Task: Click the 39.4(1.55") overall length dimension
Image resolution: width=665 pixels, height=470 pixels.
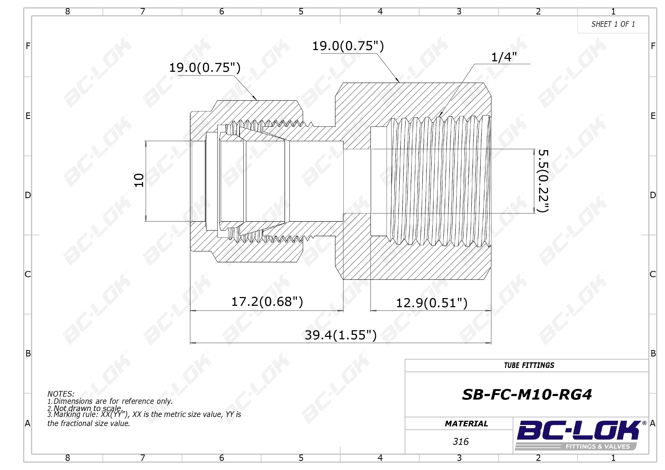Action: pyautogui.click(x=341, y=335)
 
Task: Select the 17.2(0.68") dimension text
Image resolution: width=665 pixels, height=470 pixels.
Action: pyautogui.click(x=267, y=302)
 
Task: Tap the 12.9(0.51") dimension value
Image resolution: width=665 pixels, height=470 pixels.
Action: pyautogui.click(x=432, y=303)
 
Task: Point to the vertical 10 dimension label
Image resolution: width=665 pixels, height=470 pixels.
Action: pyautogui.click(x=139, y=181)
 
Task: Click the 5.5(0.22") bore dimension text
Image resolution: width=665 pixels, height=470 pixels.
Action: pyautogui.click(x=543, y=181)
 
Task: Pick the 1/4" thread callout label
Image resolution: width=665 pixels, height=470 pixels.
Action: pyautogui.click(x=504, y=57)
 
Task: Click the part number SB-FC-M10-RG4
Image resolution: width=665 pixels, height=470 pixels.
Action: pyautogui.click(x=527, y=394)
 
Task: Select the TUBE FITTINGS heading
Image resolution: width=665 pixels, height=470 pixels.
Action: pyautogui.click(x=529, y=366)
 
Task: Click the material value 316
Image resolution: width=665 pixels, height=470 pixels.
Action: pyautogui.click(x=461, y=442)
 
